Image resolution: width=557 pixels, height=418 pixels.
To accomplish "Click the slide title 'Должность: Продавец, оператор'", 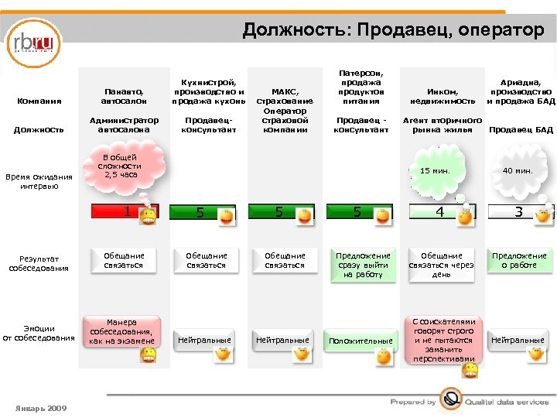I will [x=393, y=30].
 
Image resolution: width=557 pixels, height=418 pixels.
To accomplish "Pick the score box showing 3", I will [x=518, y=211].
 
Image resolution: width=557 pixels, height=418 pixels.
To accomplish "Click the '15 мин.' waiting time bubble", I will [x=435, y=170].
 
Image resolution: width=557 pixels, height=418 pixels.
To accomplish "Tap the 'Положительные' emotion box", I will [x=361, y=341].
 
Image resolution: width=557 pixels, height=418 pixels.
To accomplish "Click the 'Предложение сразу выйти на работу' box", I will [x=363, y=265].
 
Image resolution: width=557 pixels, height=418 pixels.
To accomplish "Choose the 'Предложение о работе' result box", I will [x=519, y=260].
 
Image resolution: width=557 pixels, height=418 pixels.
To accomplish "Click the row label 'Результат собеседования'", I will [x=40, y=263].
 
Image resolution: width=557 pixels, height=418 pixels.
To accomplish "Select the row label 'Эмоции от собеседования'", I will [x=39, y=333].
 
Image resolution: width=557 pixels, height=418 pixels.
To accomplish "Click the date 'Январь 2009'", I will [x=40, y=408].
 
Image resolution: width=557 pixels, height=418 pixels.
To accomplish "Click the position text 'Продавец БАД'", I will [x=521, y=129].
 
